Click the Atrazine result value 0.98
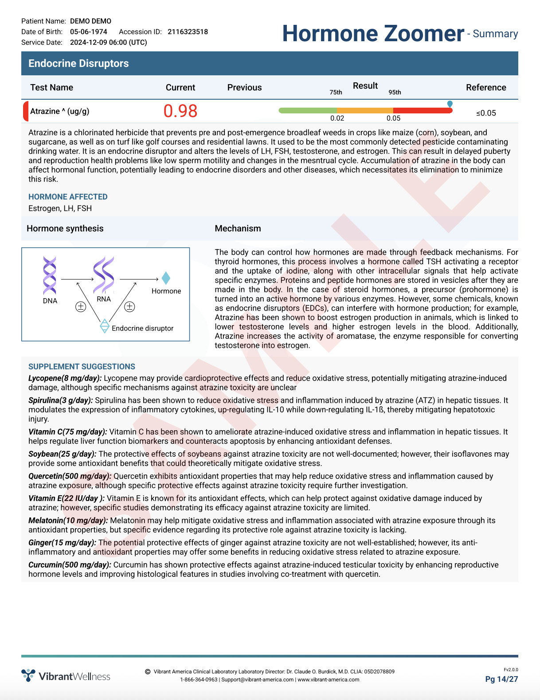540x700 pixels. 180,111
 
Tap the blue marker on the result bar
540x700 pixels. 450,104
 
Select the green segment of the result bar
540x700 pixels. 308,110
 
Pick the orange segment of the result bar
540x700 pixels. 365,110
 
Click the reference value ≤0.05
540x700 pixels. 486,113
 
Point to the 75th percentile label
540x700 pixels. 336,92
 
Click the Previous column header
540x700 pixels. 244,87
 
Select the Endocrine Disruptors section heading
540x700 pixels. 78,63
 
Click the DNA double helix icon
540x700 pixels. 50,275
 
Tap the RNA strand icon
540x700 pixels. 104,274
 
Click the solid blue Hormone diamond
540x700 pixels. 166,278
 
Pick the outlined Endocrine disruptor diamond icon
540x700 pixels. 105,326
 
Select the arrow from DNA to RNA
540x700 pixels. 77,279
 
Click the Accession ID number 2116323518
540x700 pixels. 188,32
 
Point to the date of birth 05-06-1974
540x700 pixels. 89,32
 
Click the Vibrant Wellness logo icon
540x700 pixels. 28,675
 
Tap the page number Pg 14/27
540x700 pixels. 501,679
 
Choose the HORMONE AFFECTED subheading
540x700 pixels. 68,197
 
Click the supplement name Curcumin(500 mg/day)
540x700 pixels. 70,565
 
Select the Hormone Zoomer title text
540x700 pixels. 373,34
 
